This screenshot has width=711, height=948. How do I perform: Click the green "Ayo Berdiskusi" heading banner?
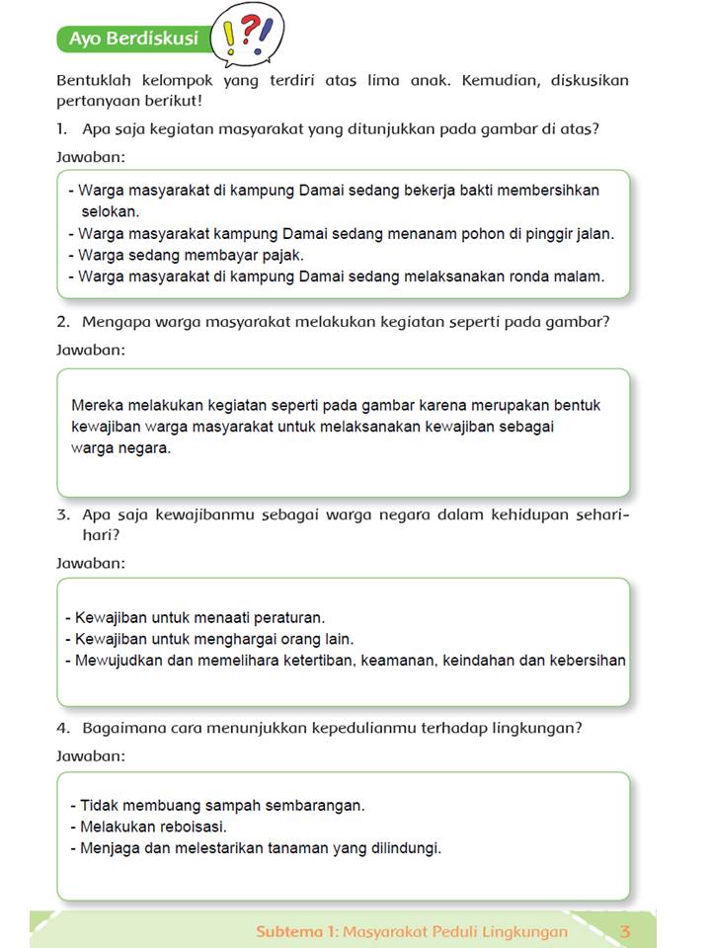(133, 39)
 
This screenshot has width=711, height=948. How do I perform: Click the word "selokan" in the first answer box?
(111, 211)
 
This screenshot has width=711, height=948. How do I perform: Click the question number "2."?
(63, 322)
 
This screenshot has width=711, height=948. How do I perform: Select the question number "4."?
(63, 729)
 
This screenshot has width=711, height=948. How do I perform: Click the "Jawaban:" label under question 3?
(91, 563)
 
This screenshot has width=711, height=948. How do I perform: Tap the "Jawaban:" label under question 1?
(91, 157)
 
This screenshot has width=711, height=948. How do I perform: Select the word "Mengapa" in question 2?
(116, 322)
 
